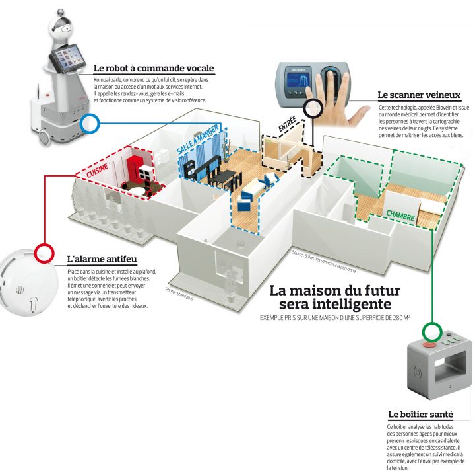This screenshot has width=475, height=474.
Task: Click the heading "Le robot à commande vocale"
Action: click(154, 69)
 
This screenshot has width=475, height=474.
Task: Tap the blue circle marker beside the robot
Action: click(89, 122)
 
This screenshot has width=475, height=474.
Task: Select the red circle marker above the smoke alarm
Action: click(43, 252)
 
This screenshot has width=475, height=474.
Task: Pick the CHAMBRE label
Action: click(401, 214)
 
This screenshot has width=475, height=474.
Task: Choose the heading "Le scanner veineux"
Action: click(409, 95)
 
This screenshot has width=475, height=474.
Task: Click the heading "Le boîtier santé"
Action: click(420, 415)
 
